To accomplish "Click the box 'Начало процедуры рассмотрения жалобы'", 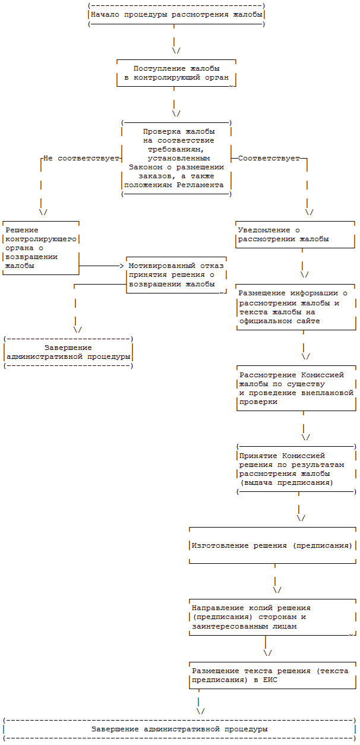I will [x=176, y=14].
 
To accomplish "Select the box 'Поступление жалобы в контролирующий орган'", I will [x=176, y=73].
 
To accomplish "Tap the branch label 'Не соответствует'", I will [x=81, y=159].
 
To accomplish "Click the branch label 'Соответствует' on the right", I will [x=269, y=159].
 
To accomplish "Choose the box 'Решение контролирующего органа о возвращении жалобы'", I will [x=40, y=248].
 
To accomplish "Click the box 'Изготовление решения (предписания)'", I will [x=272, y=545].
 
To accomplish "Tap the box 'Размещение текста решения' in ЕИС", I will [x=272, y=675].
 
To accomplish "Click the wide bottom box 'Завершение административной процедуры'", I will [x=179, y=728].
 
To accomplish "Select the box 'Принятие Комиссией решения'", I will [x=295, y=469].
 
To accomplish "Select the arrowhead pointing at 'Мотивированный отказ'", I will [x=121, y=266].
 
